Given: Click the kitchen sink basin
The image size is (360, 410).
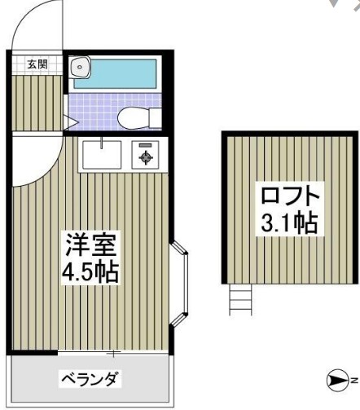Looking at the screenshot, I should (x=101, y=154).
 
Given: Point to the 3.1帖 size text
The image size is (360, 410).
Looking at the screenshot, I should (x=288, y=223).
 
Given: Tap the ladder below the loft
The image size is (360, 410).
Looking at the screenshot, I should (x=241, y=298).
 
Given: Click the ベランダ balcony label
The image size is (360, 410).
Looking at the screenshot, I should (x=89, y=379).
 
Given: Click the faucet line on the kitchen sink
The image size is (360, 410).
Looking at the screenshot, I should (x=101, y=143).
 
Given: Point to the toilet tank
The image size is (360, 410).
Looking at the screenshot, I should (x=156, y=118).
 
